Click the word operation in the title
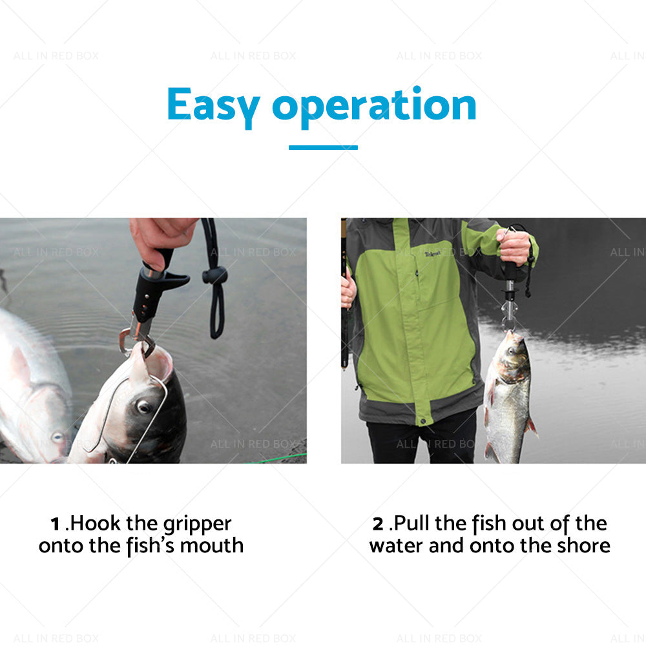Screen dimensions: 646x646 point(374,105)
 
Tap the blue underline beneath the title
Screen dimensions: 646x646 point(323,147)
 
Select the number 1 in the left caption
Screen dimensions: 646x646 point(56,523)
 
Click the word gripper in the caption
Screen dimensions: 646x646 point(196,524)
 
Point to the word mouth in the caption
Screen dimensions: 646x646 point(211,545)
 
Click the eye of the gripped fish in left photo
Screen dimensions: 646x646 point(143,407)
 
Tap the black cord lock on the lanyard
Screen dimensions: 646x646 point(215,276)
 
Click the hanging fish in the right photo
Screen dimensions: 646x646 point(508,394)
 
